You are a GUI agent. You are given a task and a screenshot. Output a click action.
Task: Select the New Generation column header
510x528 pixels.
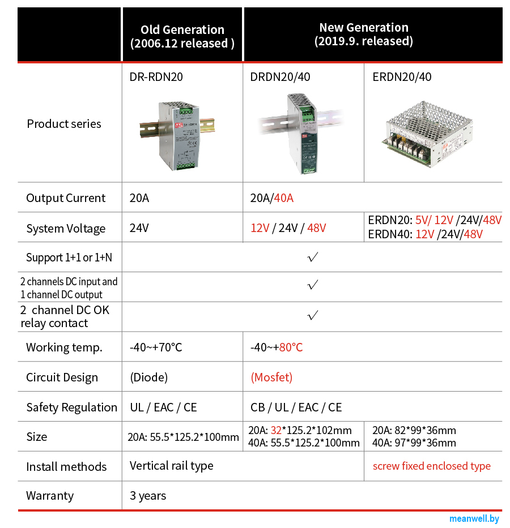(363, 34)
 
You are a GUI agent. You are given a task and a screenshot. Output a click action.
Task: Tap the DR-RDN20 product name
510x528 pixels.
(156, 77)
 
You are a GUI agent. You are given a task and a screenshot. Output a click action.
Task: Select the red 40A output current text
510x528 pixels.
(283, 198)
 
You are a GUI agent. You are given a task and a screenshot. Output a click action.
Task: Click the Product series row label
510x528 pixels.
(64, 124)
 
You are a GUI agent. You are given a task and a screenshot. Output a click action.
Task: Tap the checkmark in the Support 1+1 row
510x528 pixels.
(312, 257)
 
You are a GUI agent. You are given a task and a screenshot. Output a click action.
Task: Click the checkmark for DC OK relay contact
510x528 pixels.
(312, 316)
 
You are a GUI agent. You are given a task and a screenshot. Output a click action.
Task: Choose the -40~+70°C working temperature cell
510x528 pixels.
(156, 347)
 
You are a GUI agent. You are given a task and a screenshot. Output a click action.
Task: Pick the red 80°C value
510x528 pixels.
(291, 347)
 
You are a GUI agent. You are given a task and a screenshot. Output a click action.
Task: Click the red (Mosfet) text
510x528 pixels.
(271, 377)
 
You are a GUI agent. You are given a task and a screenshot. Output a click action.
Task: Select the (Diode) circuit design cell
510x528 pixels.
(148, 377)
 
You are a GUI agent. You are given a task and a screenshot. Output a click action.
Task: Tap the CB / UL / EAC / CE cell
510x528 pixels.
(296, 407)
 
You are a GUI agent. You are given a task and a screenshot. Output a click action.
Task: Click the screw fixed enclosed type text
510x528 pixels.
(431, 466)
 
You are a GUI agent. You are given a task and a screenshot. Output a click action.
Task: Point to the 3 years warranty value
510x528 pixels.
(148, 496)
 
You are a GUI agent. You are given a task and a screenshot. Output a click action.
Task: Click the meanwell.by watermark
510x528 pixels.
(474, 518)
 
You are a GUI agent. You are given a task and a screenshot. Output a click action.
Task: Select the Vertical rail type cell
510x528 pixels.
(171, 466)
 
